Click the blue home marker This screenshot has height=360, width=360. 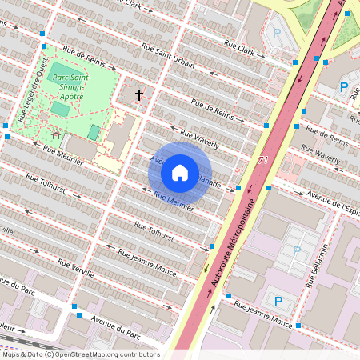(180, 172)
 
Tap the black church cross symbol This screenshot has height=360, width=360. (138, 95)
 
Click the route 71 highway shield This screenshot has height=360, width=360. (263, 161)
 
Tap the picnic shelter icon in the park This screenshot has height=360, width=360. (55, 132)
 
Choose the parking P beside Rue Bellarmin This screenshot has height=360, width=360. (297, 251)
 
